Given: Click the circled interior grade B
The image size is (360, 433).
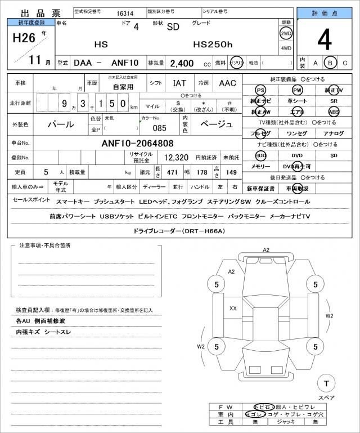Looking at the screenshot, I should point(331,63).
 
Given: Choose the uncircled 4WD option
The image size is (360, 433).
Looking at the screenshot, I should point(286,48).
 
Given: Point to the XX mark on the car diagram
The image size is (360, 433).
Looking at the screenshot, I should point(233,308).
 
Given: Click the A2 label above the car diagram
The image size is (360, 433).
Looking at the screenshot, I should point(266,249).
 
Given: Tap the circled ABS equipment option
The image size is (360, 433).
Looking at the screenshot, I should point(334,111).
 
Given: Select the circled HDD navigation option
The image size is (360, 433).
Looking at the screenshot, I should point(261,155).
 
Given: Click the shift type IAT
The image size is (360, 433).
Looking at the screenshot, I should point(179,83).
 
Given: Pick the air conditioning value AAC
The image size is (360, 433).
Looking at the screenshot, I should point(227,83).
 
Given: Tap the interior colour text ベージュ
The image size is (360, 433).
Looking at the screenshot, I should point(216,124).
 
